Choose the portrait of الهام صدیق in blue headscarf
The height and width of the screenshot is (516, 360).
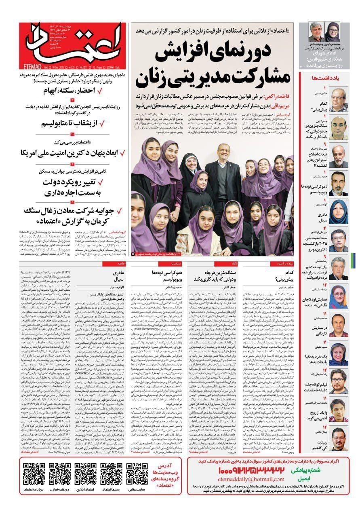(339, 211)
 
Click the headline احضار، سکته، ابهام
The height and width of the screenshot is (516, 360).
(69, 90)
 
